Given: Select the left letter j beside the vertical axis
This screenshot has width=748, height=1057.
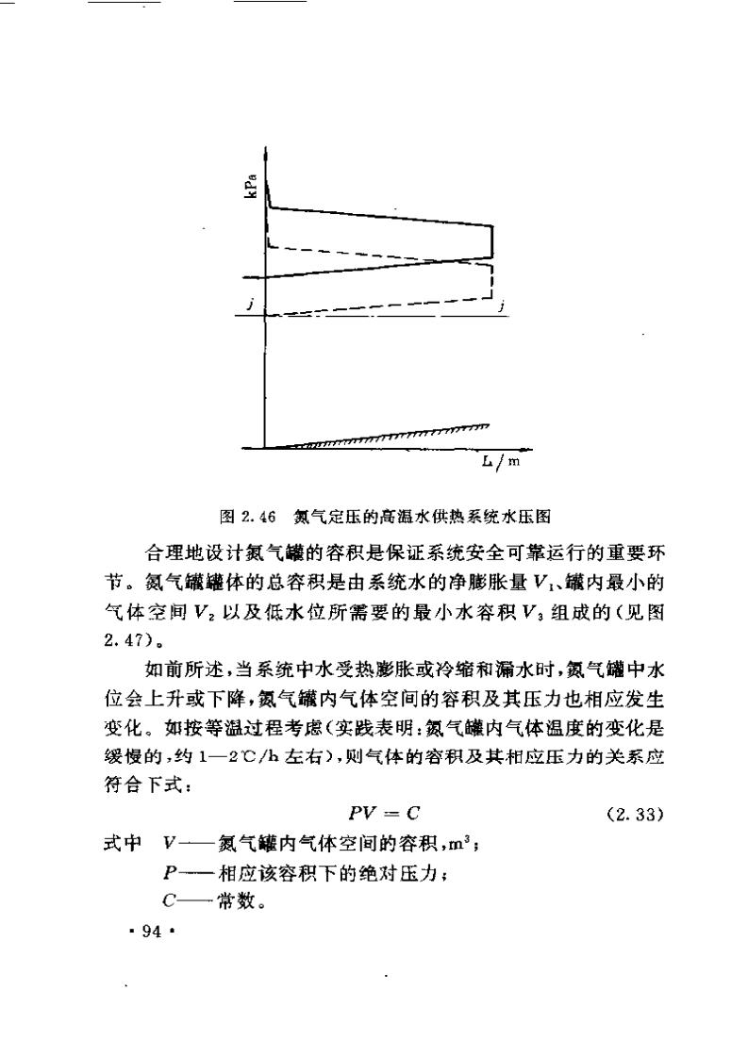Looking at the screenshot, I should (249, 303).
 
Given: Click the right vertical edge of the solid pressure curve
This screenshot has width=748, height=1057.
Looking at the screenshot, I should (492, 241).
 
